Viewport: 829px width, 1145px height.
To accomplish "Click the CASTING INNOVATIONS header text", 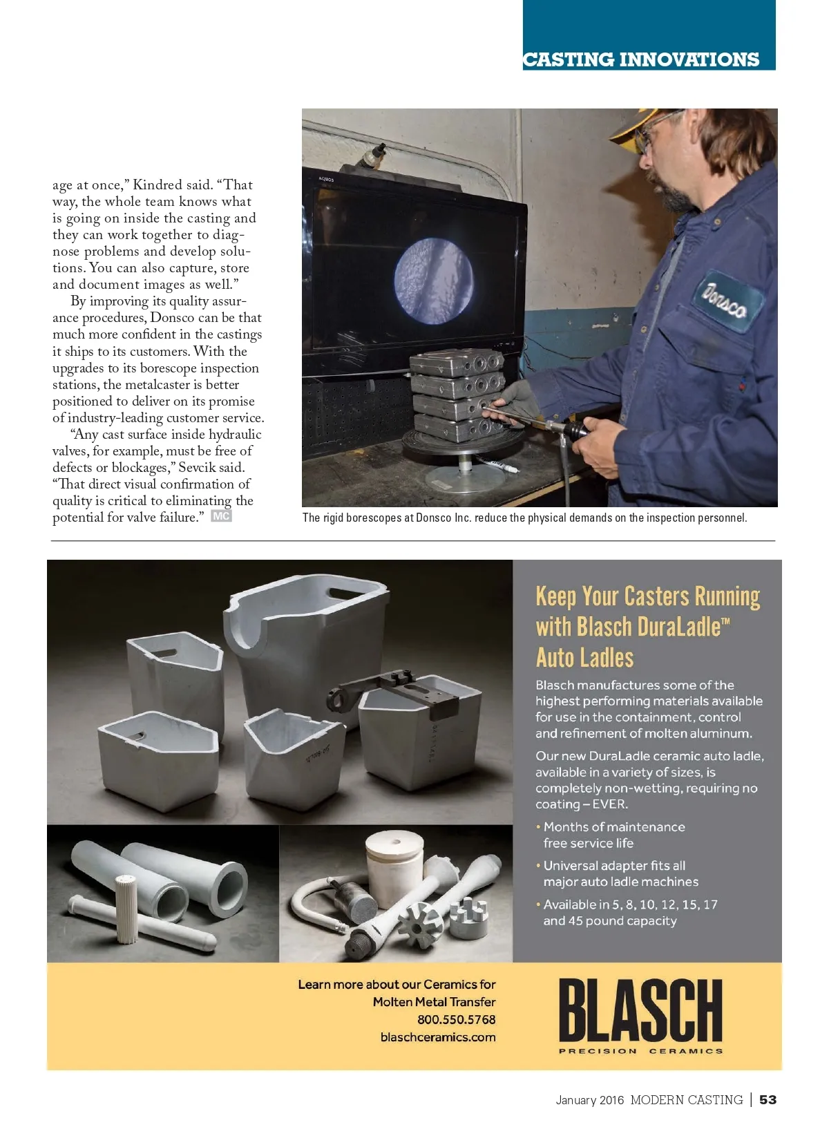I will (x=641, y=59).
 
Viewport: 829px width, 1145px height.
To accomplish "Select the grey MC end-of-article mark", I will (x=221, y=516).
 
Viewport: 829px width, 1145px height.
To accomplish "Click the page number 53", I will (x=768, y=1099).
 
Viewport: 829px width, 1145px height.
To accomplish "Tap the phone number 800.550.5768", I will (x=456, y=1019).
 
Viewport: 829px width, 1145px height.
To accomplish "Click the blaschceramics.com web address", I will (x=438, y=1037).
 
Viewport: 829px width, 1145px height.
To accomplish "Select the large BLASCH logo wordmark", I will (x=640, y=1010).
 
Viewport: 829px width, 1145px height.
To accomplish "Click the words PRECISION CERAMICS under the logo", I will (x=640, y=1051).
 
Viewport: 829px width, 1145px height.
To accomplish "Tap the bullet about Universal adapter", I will (x=614, y=873).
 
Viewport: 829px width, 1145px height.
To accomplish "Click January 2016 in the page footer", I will (x=589, y=1100).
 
